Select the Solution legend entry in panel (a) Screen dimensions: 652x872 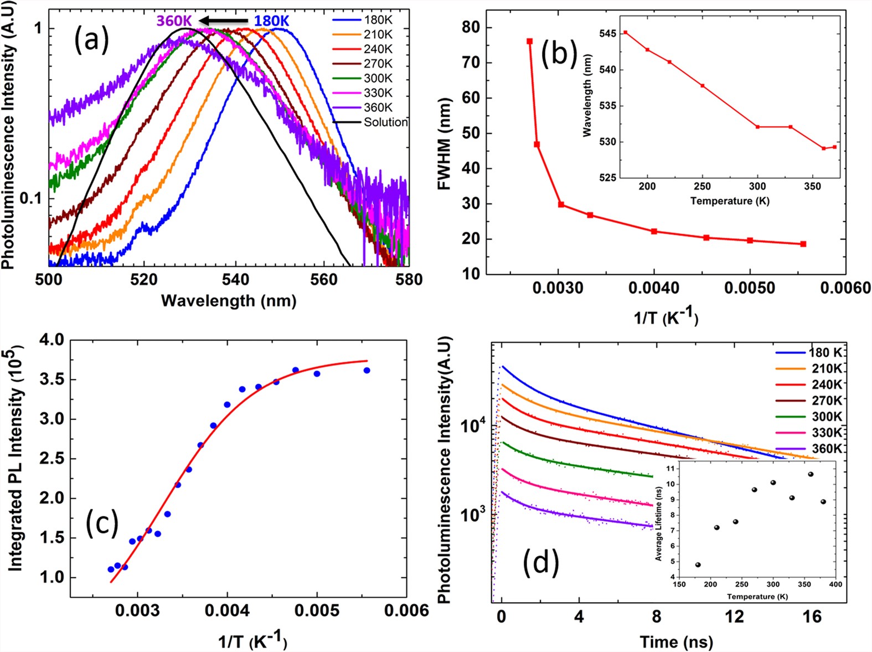point(385,122)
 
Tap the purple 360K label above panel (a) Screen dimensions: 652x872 point(174,21)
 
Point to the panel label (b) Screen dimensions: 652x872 point(559,53)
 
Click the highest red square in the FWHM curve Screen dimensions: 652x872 point(530,41)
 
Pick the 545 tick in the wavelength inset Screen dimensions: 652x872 point(607,34)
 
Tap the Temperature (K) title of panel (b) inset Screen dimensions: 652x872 point(730,201)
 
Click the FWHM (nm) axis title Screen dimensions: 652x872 point(445,144)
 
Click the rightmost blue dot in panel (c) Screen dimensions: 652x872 point(367,370)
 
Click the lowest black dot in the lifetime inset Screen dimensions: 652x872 point(698,565)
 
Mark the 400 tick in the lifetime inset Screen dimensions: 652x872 point(835,584)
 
